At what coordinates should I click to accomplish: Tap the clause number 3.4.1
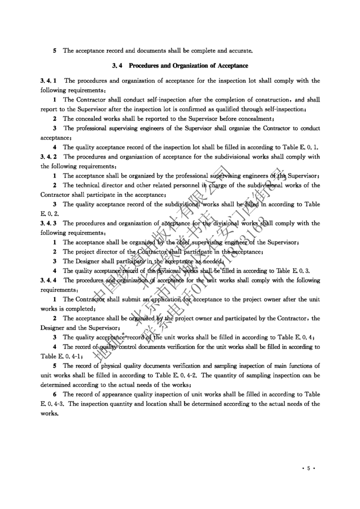coord(50,80)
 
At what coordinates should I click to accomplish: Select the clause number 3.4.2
coord(50,157)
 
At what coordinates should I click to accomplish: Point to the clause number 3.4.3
coord(50,223)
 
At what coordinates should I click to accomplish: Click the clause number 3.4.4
coord(50,280)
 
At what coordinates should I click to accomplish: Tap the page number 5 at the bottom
coord(308,469)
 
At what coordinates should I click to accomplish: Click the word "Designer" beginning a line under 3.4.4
coord(54,327)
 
